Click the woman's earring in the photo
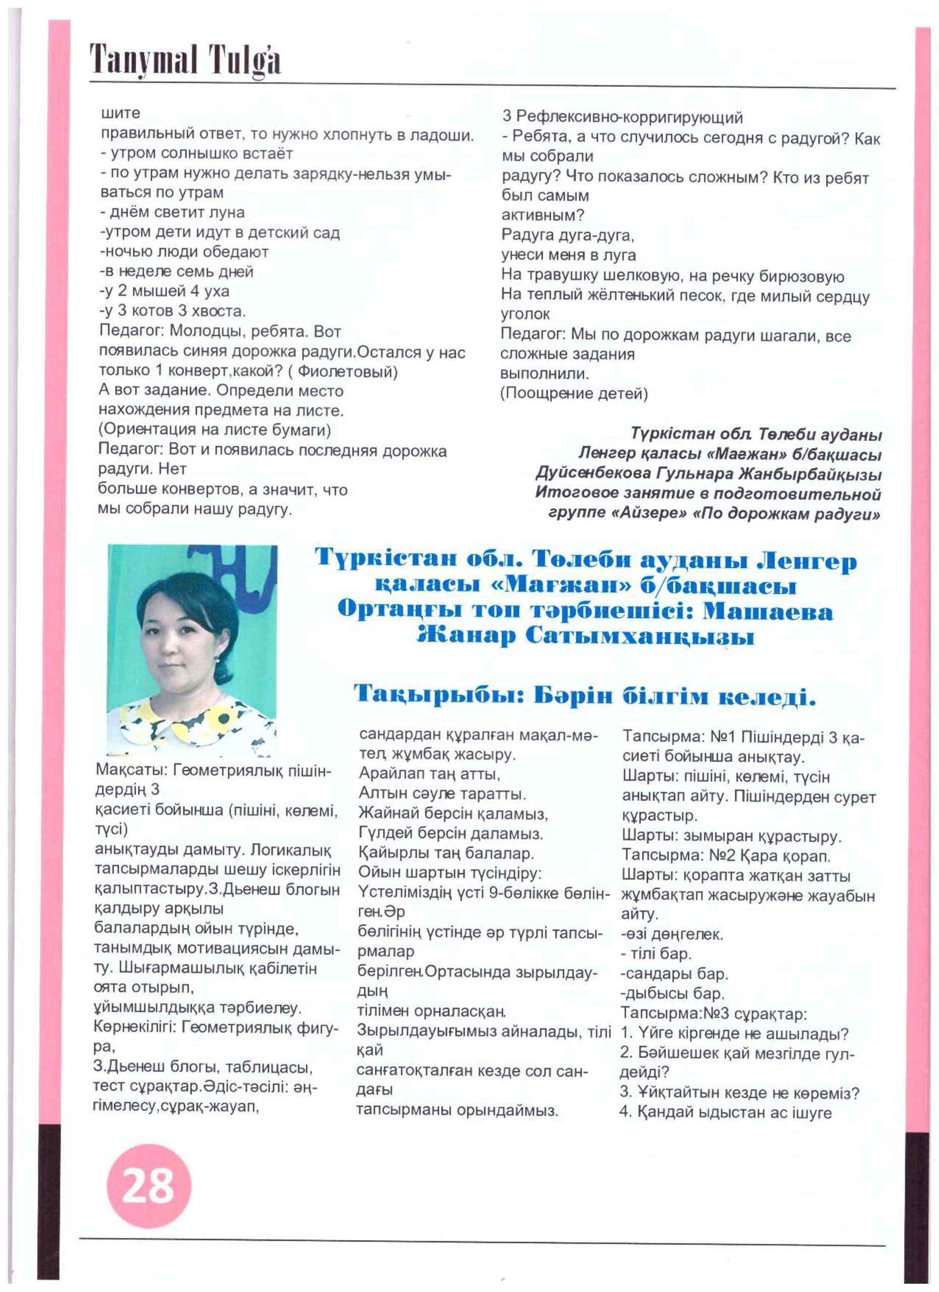tap(217, 659)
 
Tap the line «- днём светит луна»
tap(173, 212)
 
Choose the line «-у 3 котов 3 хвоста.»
tap(173, 311)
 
